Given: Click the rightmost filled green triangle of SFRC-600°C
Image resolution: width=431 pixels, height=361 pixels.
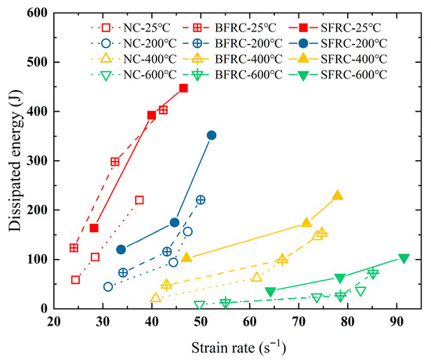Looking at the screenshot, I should [x=404, y=258].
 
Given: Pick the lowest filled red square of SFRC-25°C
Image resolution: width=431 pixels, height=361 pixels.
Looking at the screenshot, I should [x=94, y=228].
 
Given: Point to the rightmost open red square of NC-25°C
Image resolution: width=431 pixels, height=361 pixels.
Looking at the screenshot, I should [x=139, y=200].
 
